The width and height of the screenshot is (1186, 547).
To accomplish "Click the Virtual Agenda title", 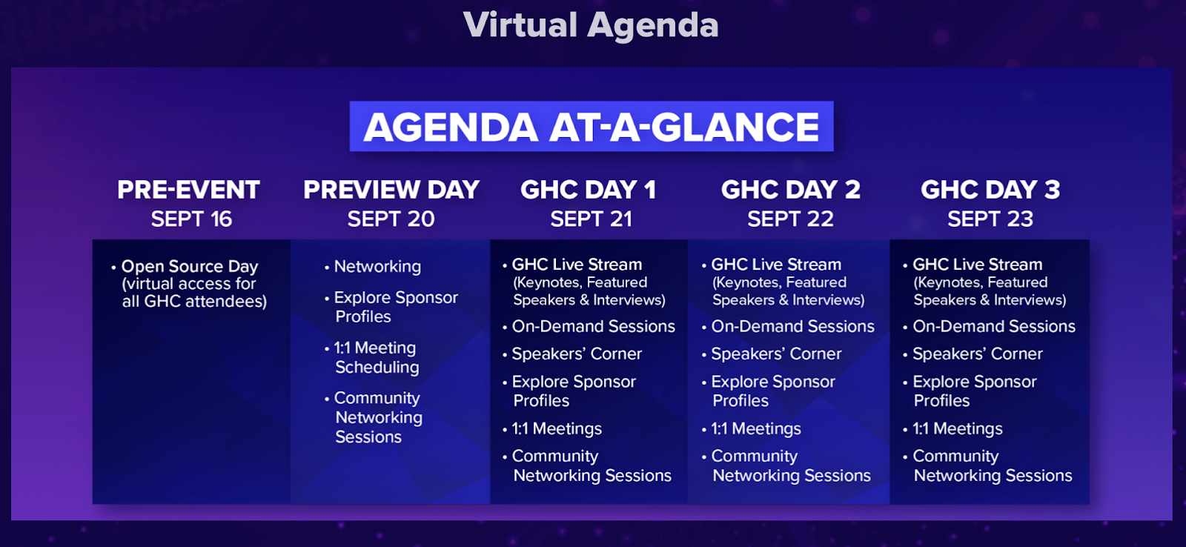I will (x=591, y=25).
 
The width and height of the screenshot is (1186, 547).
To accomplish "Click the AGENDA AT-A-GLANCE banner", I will (x=591, y=127).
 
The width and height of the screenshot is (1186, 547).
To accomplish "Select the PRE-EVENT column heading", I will (x=188, y=190).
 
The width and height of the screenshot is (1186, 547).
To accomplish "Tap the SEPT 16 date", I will (x=191, y=219).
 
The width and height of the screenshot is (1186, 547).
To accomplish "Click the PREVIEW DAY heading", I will (x=391, y=190).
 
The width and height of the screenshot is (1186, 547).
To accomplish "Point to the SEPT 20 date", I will (x=391, y=219).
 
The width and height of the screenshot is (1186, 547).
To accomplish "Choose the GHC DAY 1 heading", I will (x=588, y=190).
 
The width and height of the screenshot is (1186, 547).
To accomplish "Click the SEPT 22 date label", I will (x=790, y=219).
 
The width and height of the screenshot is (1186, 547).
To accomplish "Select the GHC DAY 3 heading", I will (x=990, y=190).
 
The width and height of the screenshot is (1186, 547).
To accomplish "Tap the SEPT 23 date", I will (x=990, y=219).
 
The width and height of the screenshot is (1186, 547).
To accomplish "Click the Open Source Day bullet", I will (x=190, y=266).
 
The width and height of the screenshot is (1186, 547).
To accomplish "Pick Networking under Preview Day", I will (x=377, y=266).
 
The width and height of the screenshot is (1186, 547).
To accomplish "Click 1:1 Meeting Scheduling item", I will (x=376, y=357).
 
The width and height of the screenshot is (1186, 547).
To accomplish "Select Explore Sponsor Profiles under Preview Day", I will (x=395, y=307).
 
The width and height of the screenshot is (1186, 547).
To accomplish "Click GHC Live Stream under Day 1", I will (x=577, y=265).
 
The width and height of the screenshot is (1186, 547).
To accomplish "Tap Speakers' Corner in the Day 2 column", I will (x=776, y=354).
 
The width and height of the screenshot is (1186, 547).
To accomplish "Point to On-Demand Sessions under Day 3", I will (x=993, y=326).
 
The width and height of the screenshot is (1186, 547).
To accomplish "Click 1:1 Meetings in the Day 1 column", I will (x=557, y=428).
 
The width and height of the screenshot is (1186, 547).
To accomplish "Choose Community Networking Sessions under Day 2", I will (x=790, y=465).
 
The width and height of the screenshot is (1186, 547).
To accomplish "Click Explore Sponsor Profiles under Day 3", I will (x=974, y=391).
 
